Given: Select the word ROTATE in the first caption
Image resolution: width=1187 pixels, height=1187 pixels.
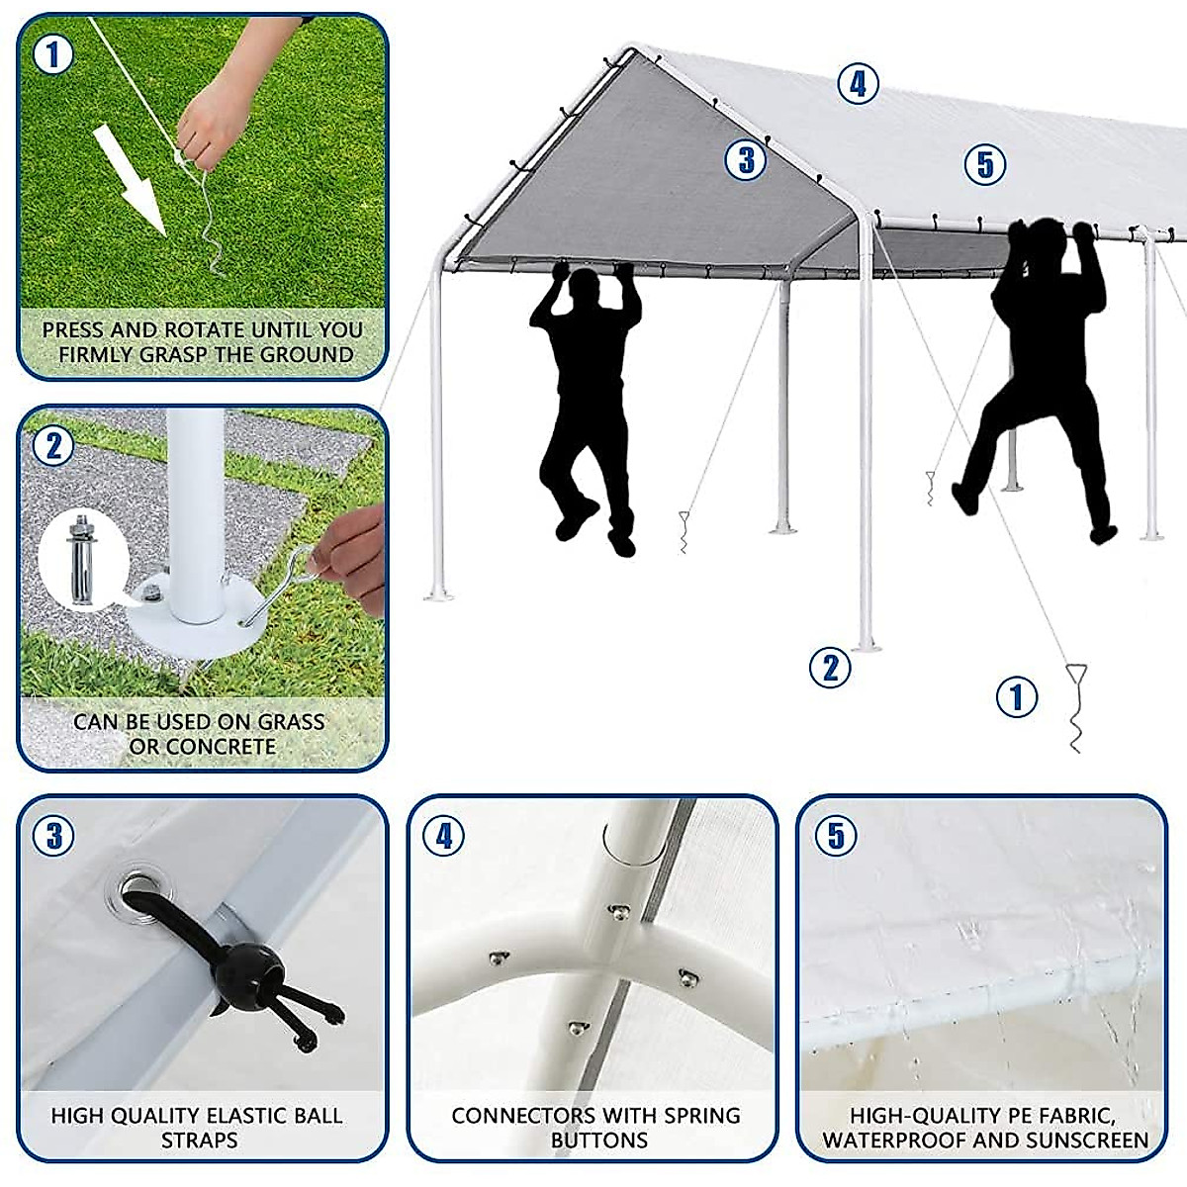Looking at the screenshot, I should (x=209, y=329).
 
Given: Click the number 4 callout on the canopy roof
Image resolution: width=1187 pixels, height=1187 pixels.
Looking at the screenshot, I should (x=858, y=84).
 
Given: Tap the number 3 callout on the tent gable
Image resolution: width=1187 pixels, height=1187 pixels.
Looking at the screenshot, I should (x=746, y=158).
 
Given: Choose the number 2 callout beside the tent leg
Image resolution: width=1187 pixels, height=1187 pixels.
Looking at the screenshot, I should (x=830, y=668).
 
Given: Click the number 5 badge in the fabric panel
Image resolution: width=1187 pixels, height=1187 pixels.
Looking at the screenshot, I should (x=837, y=836).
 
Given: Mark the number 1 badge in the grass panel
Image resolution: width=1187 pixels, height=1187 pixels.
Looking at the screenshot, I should (x=53, y=53).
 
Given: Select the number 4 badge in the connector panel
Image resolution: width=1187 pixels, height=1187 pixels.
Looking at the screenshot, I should (x=443, y=836).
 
